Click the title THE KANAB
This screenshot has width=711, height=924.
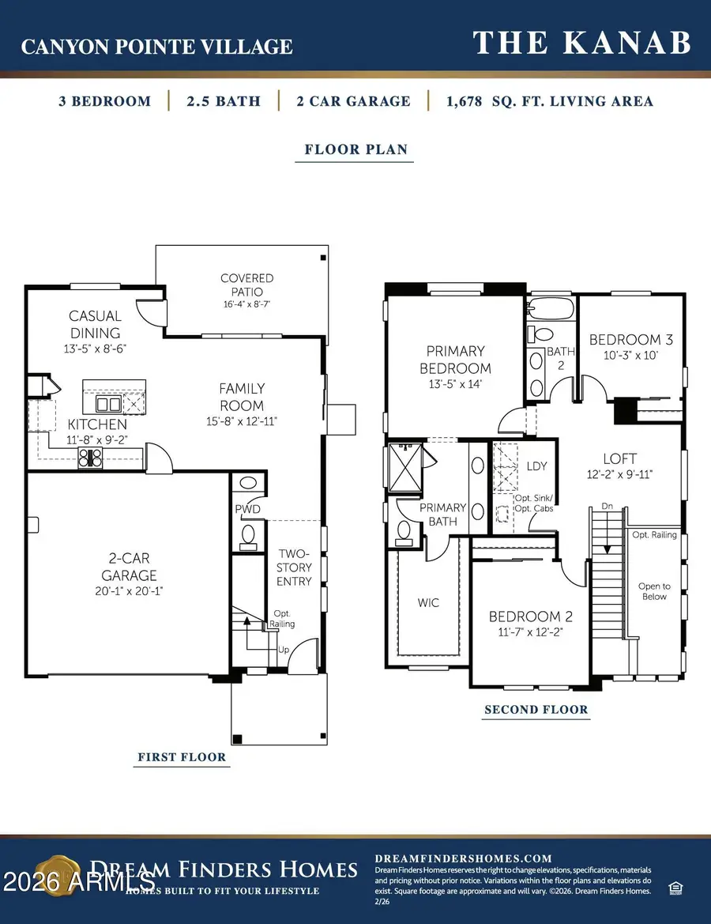coord(581,43)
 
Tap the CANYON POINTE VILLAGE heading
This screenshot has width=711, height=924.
coord(156,47)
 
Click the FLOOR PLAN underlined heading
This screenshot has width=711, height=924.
coord(355,149)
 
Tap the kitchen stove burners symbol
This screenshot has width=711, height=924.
coord(89,458)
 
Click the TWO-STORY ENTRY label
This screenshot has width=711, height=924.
coord(294,567)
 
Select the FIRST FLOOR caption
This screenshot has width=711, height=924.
coord(182,757)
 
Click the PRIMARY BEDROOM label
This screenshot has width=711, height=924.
coord(455,360)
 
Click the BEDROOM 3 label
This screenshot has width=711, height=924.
coord(631,340)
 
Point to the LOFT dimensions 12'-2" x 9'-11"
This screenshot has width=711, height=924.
coord(619,474)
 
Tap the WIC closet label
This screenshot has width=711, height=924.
coord(428,603)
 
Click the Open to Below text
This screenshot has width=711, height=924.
coord(654,591)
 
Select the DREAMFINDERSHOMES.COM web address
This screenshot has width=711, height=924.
coord(462,858)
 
